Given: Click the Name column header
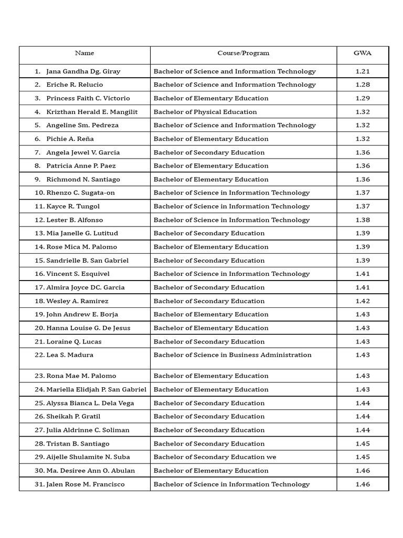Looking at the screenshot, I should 84,53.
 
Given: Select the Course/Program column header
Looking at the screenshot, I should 243,53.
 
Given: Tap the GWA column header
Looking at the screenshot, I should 362,53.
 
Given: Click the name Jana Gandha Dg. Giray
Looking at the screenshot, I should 83,71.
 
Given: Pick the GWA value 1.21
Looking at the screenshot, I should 363,71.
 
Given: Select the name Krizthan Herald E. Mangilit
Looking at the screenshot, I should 92,112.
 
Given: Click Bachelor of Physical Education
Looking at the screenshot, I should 205,112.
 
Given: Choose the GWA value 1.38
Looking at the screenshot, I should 363,220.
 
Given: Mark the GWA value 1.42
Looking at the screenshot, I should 363,301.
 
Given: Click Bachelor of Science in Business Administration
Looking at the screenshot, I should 232,355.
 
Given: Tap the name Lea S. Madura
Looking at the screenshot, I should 70,355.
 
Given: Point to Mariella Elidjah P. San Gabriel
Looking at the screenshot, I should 96,389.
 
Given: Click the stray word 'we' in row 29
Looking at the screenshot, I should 271,457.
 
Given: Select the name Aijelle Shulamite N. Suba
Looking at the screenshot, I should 88,457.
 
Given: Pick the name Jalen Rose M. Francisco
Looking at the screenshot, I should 85,484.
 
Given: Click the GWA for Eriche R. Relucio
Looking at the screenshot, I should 363,85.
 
